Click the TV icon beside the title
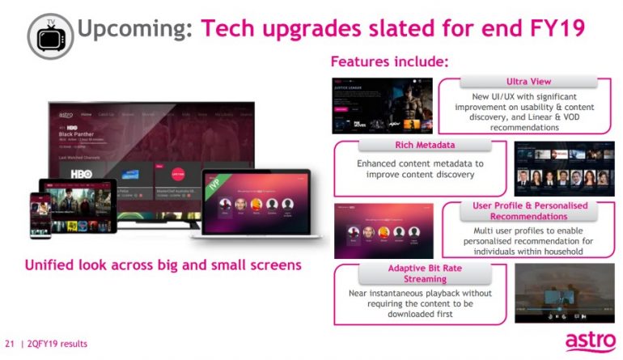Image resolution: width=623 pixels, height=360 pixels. coord(50,35)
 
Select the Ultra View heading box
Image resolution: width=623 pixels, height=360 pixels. coord(529,83)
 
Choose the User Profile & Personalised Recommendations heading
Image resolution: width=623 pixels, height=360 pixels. coord(530,211)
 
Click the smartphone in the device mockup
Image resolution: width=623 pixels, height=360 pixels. coord(40,214)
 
